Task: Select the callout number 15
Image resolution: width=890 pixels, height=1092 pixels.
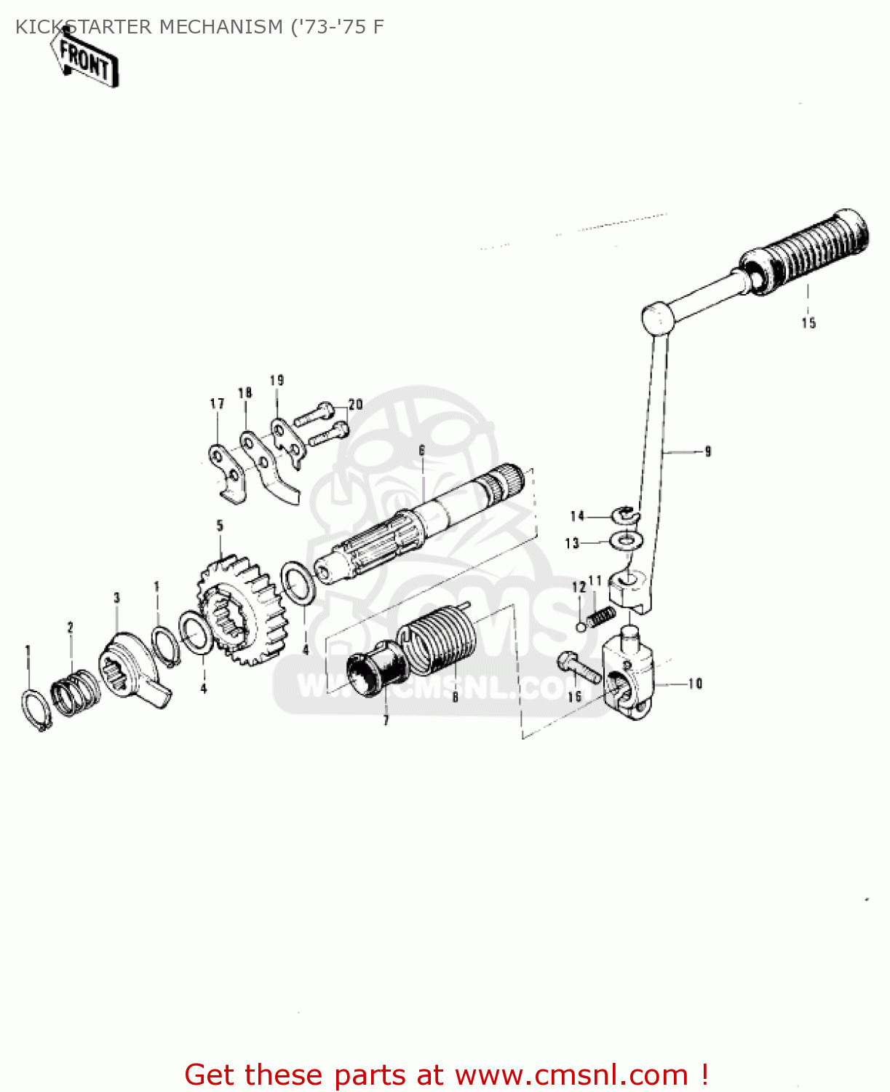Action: click(x=808, y=323)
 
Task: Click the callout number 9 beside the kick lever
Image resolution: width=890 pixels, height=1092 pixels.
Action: click(x=707, y=452)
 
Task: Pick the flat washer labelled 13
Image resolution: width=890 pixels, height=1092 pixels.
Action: click(x=625, y=542)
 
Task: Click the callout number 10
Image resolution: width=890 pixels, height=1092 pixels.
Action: click(x=695, y=684)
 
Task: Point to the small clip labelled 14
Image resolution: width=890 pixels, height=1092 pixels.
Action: click(x=625, y=516)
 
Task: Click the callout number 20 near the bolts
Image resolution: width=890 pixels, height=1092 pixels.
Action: click(x=355, y=404)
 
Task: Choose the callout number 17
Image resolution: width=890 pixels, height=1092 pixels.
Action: click(x=217, y=403)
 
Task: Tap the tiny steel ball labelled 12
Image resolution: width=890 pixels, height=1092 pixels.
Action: click(x=581, y=626)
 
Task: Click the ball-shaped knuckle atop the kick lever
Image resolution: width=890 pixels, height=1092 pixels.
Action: click(x=658, y=317)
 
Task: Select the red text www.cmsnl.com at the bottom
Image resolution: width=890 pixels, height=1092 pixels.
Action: click(x=571, y=1075)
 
